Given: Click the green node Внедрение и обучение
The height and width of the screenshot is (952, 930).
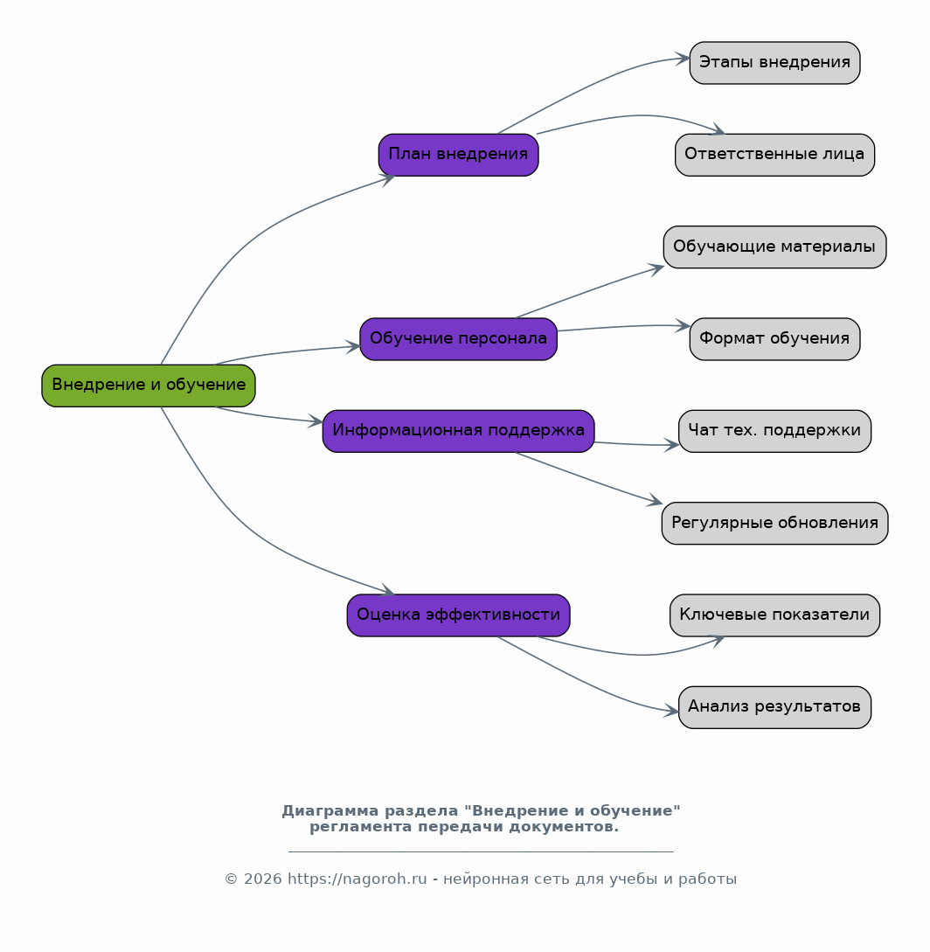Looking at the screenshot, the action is coord(149,386).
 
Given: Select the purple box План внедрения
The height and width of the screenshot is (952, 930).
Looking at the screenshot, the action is coord(458,155).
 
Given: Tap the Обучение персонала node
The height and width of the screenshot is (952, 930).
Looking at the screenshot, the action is coord(458,339).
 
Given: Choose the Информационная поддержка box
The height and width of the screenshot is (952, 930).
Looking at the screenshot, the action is coord(458,431).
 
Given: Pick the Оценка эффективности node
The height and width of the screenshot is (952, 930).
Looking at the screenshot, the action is coord(458,615).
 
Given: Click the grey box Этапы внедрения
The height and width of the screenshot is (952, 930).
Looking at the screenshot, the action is coord(774,63).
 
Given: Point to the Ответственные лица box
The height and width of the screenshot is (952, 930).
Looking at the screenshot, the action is coord(774,155).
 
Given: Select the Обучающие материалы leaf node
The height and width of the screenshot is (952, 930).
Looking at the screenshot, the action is coord(774,247).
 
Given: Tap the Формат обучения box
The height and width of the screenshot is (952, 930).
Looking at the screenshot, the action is coord(774,339).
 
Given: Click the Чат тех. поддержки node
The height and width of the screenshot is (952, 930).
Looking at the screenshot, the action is coord(774,431).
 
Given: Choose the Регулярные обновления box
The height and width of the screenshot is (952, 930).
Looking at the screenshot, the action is coord(774,524).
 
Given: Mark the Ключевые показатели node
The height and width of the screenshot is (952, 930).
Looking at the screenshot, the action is coord(774,615).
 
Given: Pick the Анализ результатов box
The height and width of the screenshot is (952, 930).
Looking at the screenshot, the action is coord(774,707).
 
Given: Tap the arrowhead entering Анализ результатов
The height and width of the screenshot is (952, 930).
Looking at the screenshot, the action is coord(671,711).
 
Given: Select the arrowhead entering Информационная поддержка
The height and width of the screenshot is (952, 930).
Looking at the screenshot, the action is coord(316,420).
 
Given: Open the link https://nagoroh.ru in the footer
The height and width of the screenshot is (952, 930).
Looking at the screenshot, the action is coord(357,879).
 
